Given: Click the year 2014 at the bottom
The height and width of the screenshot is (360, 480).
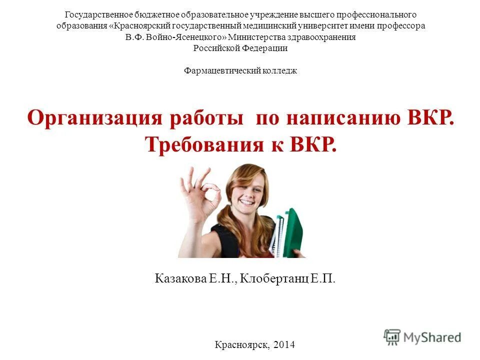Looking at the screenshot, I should click(x=284, y=344).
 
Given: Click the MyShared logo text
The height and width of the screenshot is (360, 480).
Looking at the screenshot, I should click(x=432, y=337).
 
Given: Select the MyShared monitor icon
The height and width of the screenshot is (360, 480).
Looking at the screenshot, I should click(x=392, y=336).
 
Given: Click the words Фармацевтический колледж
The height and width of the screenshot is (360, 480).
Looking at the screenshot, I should click(x=240, y=71).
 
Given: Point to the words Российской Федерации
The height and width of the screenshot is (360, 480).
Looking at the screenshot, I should click(x=240, y=48).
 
